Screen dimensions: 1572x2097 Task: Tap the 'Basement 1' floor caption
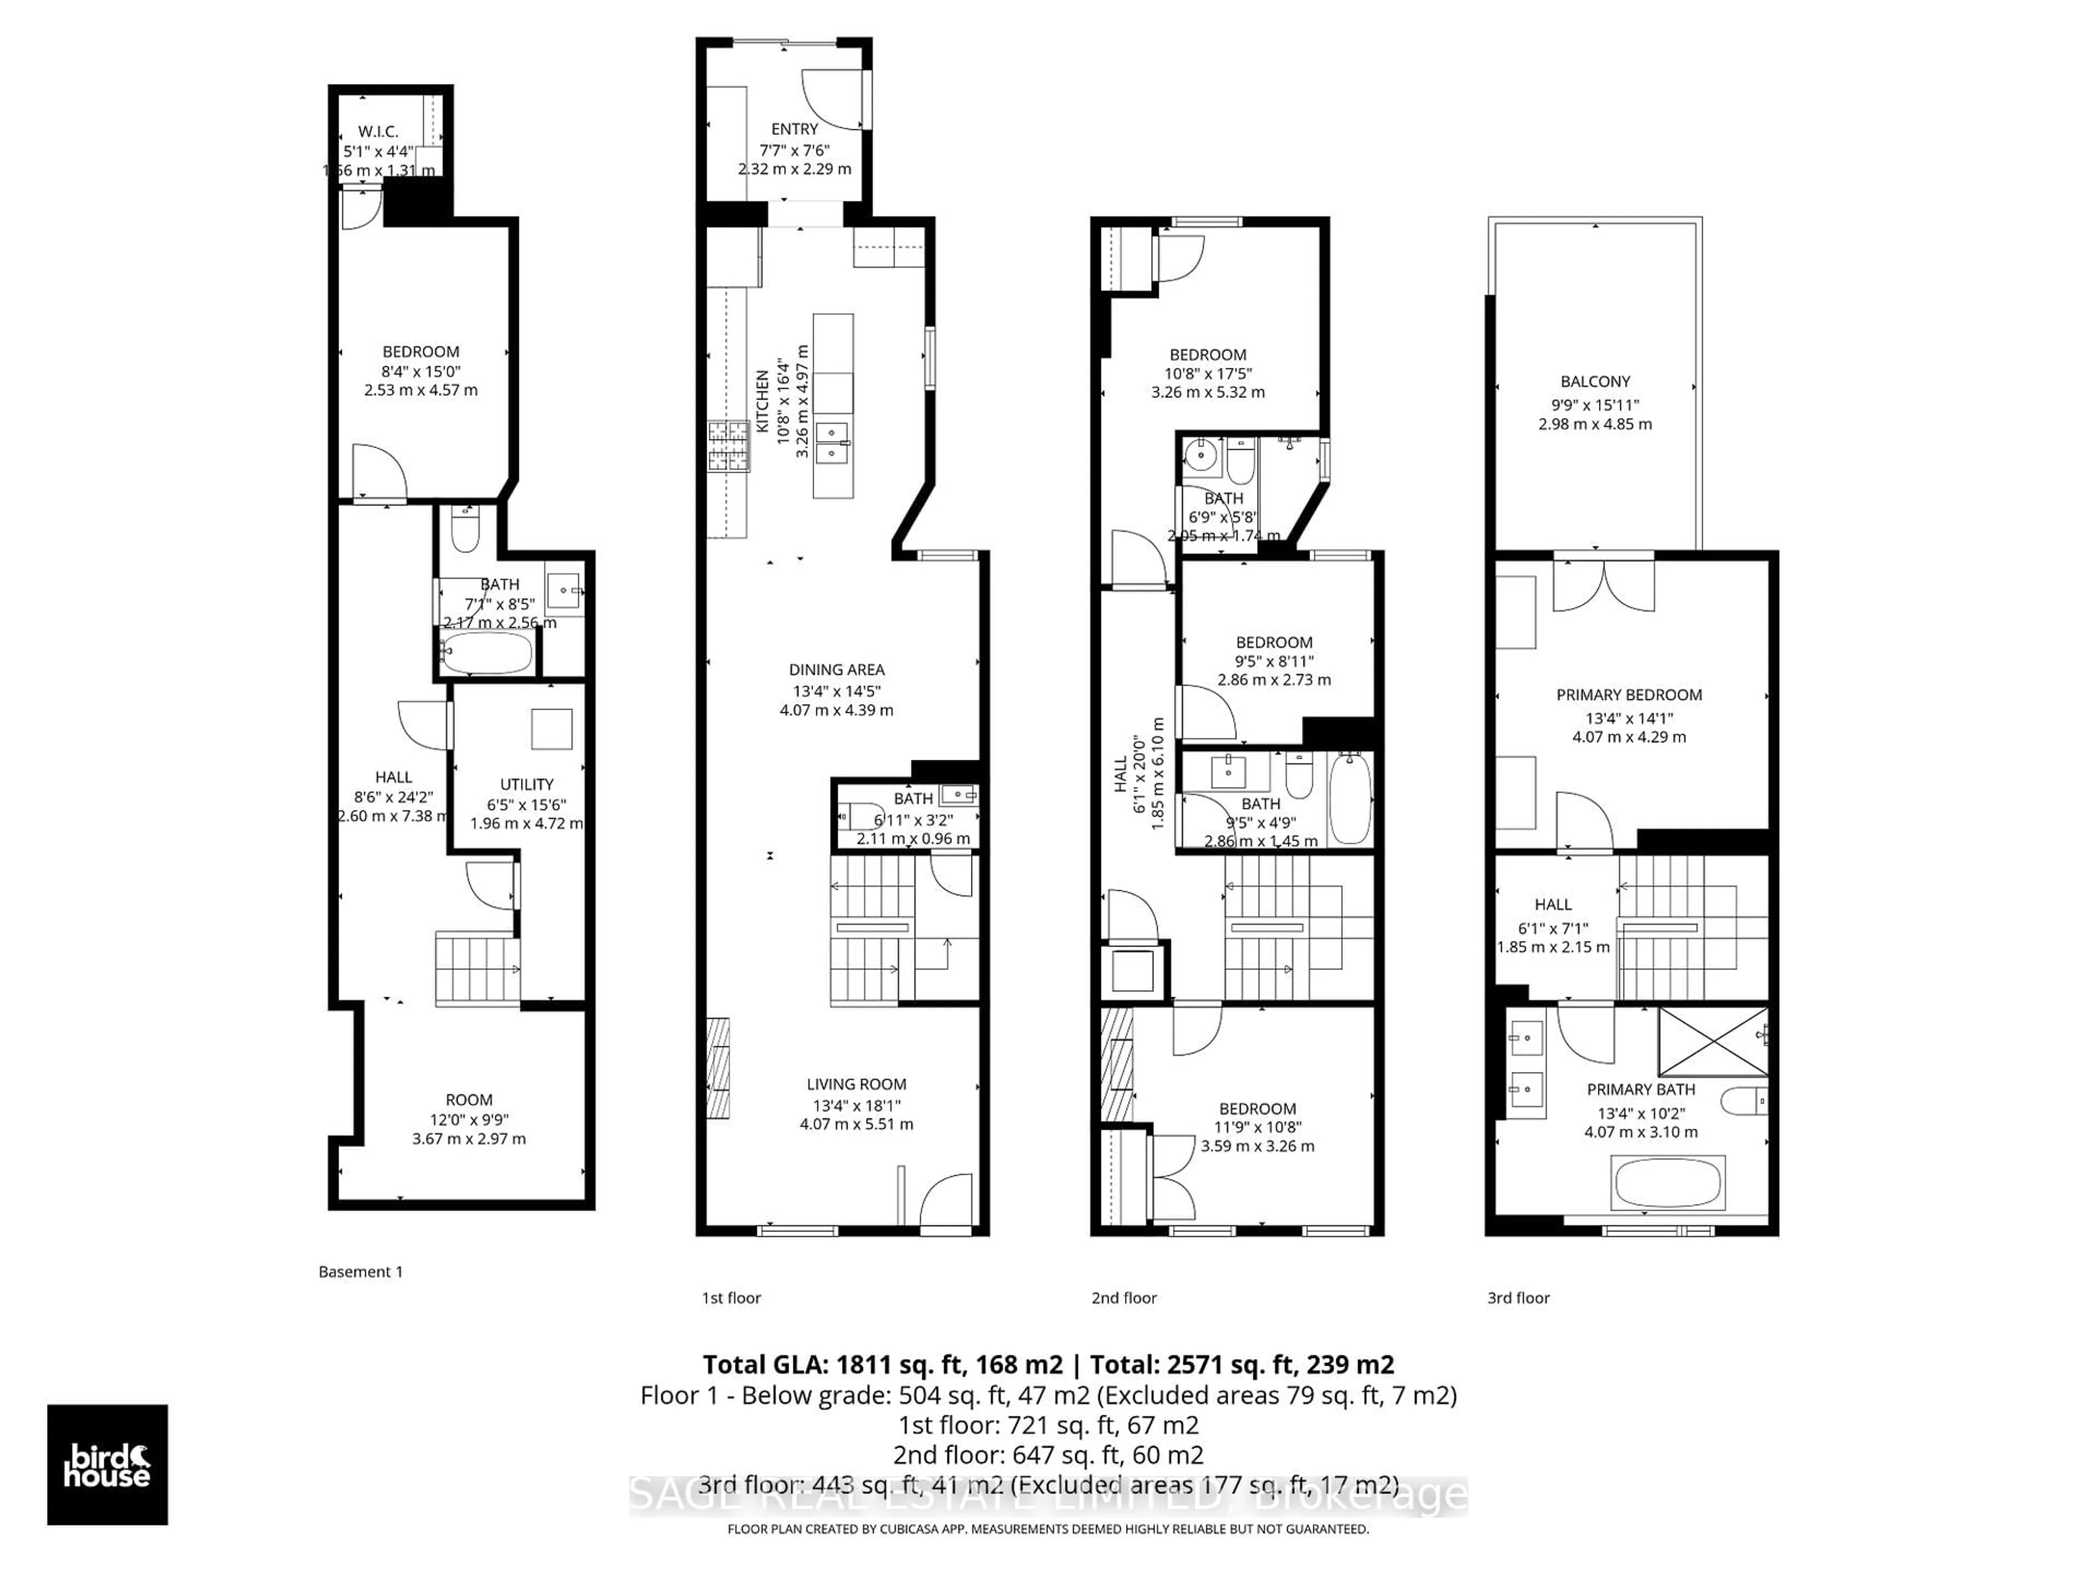coord(360,1272)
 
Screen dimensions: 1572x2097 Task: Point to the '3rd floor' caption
coord(1518,1298)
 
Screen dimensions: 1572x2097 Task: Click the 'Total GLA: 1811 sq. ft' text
coord(881,1365)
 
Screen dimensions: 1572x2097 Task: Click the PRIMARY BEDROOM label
coord(1628,694)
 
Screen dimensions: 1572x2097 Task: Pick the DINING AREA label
coord(836,670)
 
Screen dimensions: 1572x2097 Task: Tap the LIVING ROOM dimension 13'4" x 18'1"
coord(856,1105)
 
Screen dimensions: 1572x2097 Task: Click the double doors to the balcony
coord(1603,587)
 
